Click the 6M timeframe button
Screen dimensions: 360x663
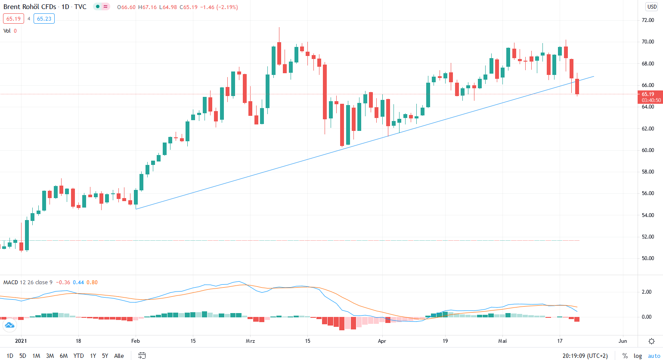coord(64,356)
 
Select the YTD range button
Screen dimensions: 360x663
coord(78,356)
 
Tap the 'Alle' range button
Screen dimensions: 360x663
coord(119,356)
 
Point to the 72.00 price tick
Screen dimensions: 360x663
coord(648,20)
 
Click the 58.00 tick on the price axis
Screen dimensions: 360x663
coord(648,172)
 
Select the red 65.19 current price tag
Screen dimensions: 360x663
coord(650,94)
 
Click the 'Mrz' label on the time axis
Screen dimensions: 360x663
coord(251,341)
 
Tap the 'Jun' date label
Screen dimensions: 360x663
coord(623,341)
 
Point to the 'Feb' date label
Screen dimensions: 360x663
coord(135,341)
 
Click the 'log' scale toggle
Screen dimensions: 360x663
coord(638,356)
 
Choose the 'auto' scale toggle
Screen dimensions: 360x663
coord(653,356)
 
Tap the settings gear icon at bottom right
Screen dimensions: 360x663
coord(652,341)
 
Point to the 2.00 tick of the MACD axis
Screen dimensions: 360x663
coord(647,292)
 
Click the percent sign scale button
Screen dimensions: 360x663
coord(625,356)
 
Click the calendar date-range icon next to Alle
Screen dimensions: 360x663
coord(142,356)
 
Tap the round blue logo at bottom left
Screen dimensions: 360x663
coord(9,326)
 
